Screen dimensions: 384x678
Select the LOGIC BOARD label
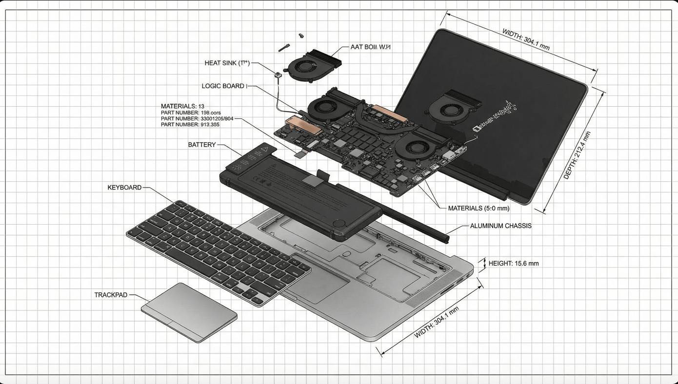tap(223, 86)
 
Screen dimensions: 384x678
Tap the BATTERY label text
tap(201, 145)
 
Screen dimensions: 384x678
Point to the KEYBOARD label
tap(124, 188)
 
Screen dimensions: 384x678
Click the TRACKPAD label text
tap(112, 295)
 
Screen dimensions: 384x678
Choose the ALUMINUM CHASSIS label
tap(500, 226)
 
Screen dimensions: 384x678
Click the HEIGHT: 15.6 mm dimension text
tap(514, 264)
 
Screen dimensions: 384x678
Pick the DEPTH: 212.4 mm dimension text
tap(577, 155)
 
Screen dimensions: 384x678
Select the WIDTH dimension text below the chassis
tap(437, 323)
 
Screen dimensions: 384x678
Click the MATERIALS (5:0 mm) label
tap(479, 208)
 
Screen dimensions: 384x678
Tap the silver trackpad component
tap(189, 311)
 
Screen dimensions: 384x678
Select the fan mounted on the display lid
tap(447, 106)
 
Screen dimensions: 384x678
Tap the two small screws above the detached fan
tap(293, 42)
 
